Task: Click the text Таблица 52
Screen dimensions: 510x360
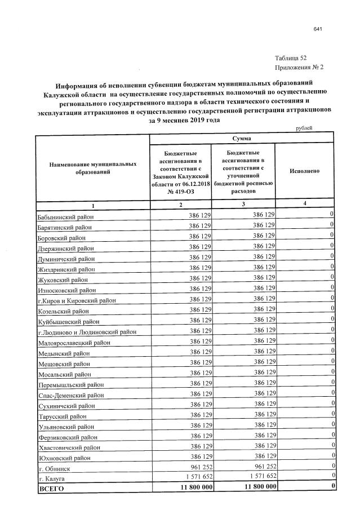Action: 291,58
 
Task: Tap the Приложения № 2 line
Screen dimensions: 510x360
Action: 299,68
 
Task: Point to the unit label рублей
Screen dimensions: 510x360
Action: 304,128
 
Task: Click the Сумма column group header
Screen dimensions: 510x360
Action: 242,138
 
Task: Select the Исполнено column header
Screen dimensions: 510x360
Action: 305,170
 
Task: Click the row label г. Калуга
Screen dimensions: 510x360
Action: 52,478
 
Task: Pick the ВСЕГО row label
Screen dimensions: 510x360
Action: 52,488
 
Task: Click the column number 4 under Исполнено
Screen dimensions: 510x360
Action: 305,203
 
